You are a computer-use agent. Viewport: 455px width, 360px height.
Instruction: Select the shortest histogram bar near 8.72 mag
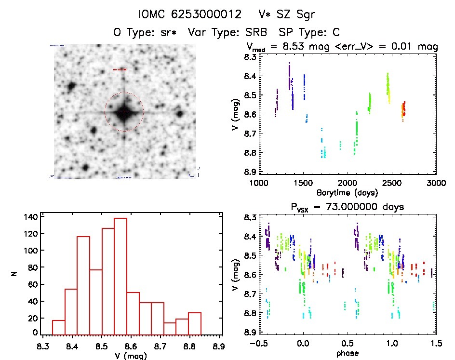click(x=170, y=328)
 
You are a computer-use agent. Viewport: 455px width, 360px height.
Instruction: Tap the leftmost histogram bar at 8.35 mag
click(x=58, y=327)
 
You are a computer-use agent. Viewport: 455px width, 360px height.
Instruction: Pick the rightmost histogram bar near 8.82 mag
click(x=195, y=323)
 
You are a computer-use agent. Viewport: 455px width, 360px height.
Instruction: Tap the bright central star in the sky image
click(x=124, y=112)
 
